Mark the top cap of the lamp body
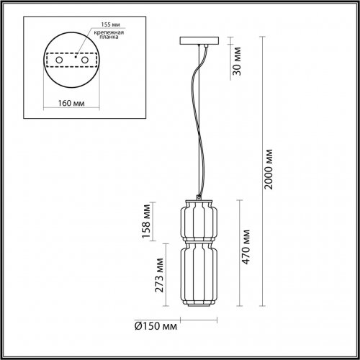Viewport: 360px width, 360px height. (197, 197)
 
